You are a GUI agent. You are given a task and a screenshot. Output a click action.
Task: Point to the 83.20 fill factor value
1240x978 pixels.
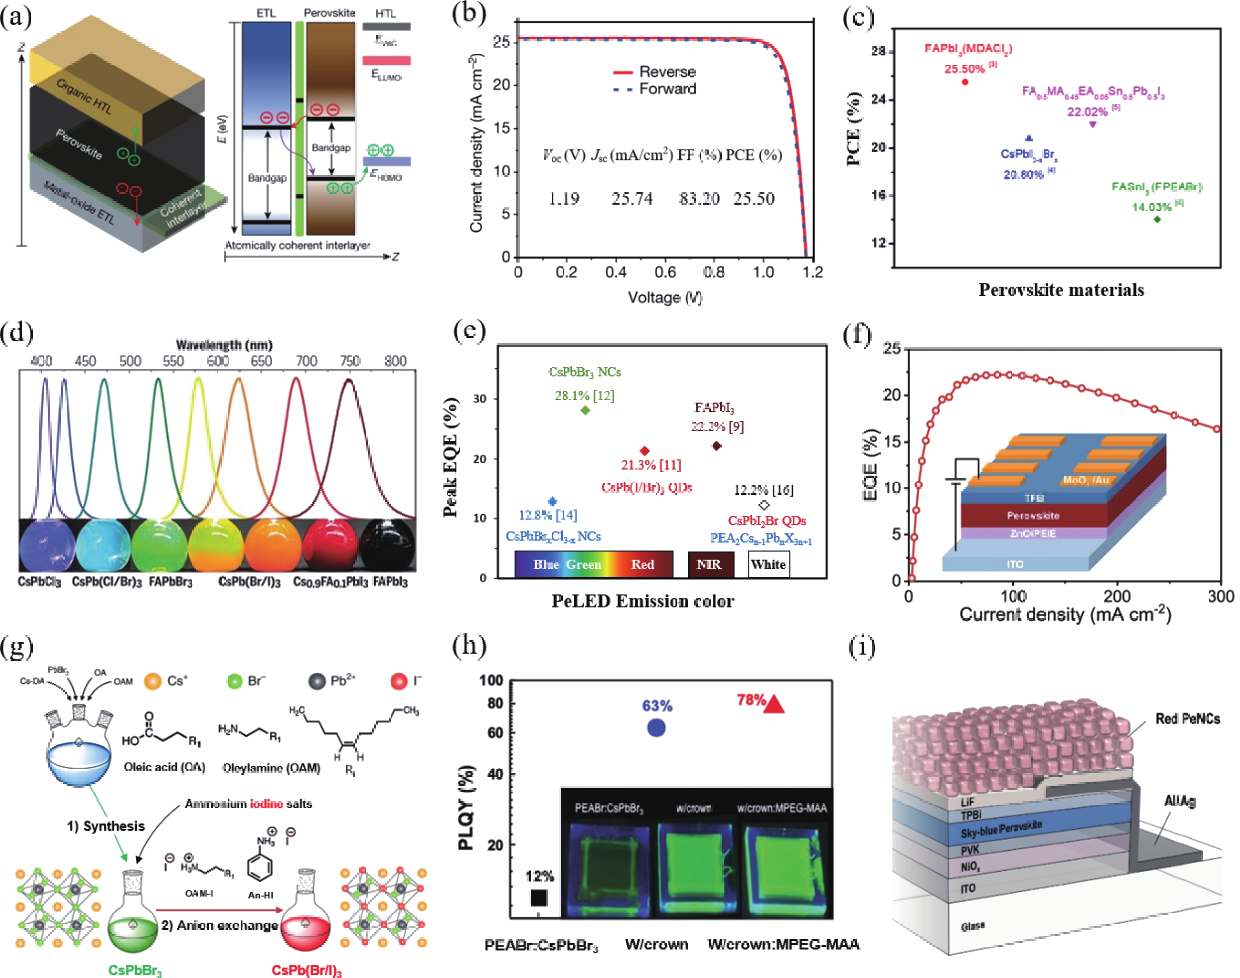(699, 199)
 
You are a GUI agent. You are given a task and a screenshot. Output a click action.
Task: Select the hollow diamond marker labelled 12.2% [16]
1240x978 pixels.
(764, 505)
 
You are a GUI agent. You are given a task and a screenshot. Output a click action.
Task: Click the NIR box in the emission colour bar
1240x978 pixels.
(709, 565)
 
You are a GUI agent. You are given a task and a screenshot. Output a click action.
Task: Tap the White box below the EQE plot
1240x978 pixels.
(768, 565)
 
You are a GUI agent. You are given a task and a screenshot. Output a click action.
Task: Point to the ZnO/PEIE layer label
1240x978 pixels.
(1033, 534)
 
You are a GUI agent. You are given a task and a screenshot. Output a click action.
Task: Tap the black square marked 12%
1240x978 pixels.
(539, 898)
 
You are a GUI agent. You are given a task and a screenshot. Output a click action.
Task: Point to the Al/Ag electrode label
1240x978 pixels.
(1179, 802)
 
